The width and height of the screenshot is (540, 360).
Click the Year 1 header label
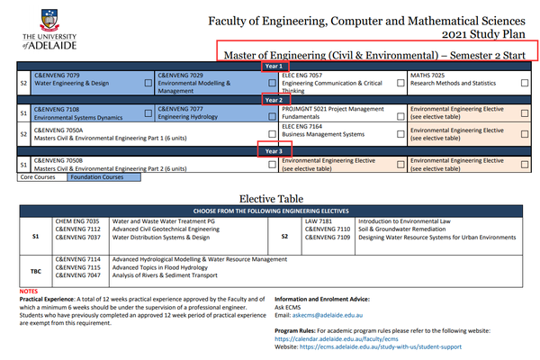coord(274,66)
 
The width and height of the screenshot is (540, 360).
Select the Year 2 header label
coord(274,100)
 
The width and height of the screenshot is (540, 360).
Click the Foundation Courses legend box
coord(103,177)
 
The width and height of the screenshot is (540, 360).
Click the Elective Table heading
coord(271,199)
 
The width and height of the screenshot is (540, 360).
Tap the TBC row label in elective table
coord(35,269)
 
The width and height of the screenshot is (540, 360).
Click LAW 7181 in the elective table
coord(318,220)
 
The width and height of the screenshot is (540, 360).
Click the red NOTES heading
coord(29,291)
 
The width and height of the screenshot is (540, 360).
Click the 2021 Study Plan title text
coord(480,33)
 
